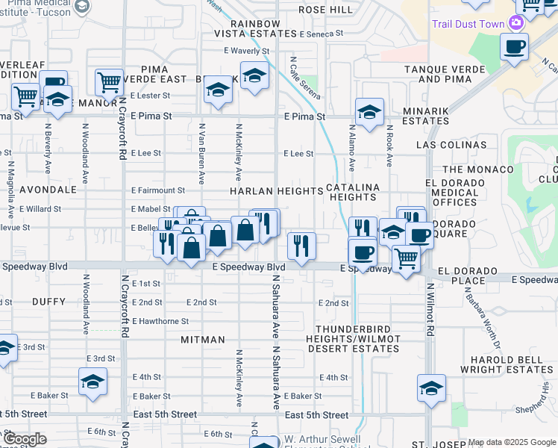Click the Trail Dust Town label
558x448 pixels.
[468, 24]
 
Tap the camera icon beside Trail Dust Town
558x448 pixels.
[515, 23]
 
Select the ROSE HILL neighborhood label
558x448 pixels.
[325, 10]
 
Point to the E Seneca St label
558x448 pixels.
[321, 34]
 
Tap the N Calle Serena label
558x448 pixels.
[305, 78]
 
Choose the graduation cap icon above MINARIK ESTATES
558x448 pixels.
[369, 112]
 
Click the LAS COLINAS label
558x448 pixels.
[452, 145]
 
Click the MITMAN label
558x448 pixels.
[203, 340]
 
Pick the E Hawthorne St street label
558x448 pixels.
[161, 321]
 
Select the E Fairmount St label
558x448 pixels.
[157, 190]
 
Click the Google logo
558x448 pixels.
[24, 439]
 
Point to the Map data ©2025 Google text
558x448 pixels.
[512, 443]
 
